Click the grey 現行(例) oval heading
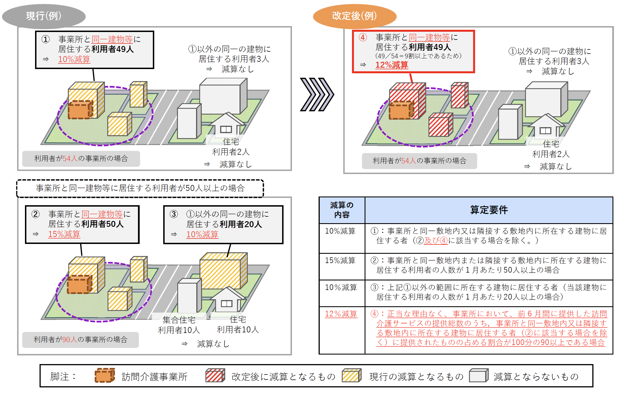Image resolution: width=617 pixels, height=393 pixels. [44, 16]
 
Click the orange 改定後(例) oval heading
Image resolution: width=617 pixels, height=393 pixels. [354, 16]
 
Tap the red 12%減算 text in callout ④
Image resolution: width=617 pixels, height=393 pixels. [392, 65]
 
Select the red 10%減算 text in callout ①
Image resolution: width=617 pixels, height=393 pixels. [74, 59]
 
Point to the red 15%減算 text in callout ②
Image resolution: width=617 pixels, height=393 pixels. [64, 234]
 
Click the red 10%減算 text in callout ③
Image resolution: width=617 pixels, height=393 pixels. [202, 234]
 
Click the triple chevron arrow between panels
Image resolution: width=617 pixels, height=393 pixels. [317, 95]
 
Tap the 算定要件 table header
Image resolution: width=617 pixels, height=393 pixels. [489, 210]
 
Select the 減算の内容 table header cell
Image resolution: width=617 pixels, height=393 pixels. [342, 210]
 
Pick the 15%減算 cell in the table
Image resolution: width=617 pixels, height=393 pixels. [340, 261]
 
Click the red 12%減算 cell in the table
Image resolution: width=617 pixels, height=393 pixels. [341, 314]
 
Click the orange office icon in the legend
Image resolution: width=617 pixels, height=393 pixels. [105, 376]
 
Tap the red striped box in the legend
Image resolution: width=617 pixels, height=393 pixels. [215, 376]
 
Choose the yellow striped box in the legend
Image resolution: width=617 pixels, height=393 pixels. [352, 376]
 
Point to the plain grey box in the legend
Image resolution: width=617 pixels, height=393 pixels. [479, 376]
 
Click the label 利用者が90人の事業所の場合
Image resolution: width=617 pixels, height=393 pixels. [80, 340]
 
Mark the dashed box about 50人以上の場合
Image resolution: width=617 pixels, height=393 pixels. [140, 188]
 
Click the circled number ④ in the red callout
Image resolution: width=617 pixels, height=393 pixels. [363, 37]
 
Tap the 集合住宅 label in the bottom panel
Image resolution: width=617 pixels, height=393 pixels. [179, 320]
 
